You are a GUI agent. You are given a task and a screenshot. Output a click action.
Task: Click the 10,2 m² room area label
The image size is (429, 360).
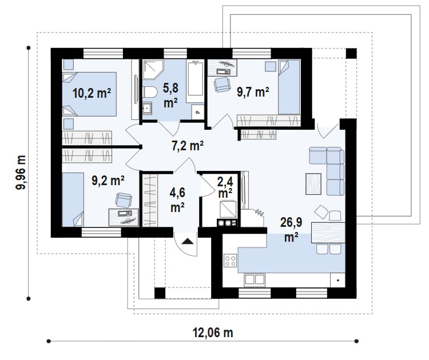point(92,93)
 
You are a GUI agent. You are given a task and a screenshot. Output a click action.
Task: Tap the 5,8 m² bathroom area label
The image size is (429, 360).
point(170,95)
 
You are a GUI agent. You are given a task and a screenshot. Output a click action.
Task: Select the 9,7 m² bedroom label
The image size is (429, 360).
point(253,92)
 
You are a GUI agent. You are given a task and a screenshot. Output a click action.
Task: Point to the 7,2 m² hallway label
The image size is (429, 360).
point(188,145)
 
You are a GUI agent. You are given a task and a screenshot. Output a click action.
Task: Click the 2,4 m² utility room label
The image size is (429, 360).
point(225,187)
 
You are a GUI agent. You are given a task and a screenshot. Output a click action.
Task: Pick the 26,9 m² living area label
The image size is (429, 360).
point(291,230)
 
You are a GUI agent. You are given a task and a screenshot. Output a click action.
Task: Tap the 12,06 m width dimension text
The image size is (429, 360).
point(213,333)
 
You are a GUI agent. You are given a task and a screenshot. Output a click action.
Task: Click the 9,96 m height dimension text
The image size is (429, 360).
point(21,172)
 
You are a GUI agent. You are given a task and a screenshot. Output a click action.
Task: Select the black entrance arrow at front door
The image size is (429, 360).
point(188,241)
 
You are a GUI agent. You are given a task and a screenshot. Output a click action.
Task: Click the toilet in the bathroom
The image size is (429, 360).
point(150,92)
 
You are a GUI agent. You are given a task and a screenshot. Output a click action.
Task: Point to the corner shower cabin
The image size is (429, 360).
point(153,70)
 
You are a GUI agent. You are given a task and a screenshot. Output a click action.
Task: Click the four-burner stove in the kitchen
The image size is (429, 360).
point(230,260)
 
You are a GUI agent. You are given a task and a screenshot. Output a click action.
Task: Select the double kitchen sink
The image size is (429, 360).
point(255,279)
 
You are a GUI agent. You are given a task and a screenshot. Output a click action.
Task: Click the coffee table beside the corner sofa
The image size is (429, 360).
point(313,184)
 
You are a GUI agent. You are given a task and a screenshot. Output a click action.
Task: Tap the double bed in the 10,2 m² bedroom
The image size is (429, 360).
point(89,94)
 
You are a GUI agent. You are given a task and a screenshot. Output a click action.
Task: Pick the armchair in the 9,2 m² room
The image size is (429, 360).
point(124,200)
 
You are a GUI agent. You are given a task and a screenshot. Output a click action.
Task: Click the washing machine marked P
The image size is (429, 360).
point(197,112)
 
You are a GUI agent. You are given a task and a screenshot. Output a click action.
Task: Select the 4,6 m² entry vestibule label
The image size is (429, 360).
point(177,200)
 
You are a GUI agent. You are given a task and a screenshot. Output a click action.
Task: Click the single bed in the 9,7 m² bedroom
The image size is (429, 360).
point(289,87)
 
